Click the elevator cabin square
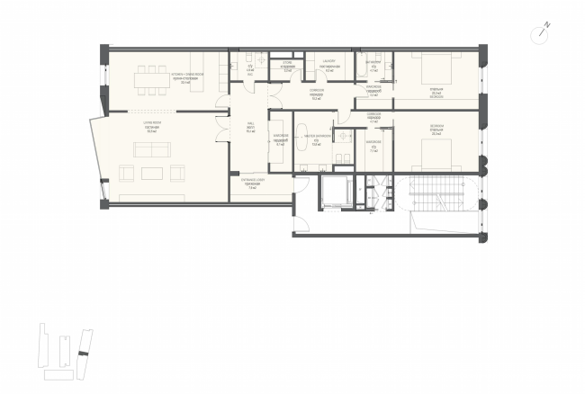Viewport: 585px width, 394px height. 335,193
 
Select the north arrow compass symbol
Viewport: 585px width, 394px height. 543,31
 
